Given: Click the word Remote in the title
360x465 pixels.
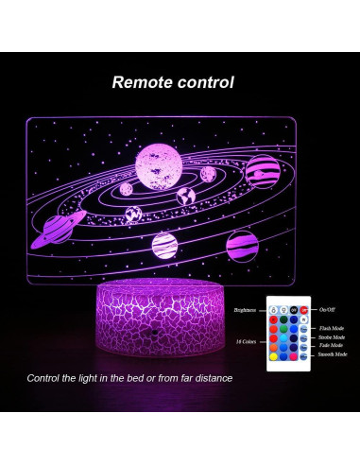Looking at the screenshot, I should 144,82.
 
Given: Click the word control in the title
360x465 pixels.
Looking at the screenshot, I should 205,82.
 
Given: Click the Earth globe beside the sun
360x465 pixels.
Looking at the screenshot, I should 186,197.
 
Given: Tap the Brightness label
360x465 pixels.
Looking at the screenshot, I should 248,309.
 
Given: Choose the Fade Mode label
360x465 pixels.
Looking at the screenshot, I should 331,345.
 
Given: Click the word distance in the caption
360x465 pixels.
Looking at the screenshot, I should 211,379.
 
